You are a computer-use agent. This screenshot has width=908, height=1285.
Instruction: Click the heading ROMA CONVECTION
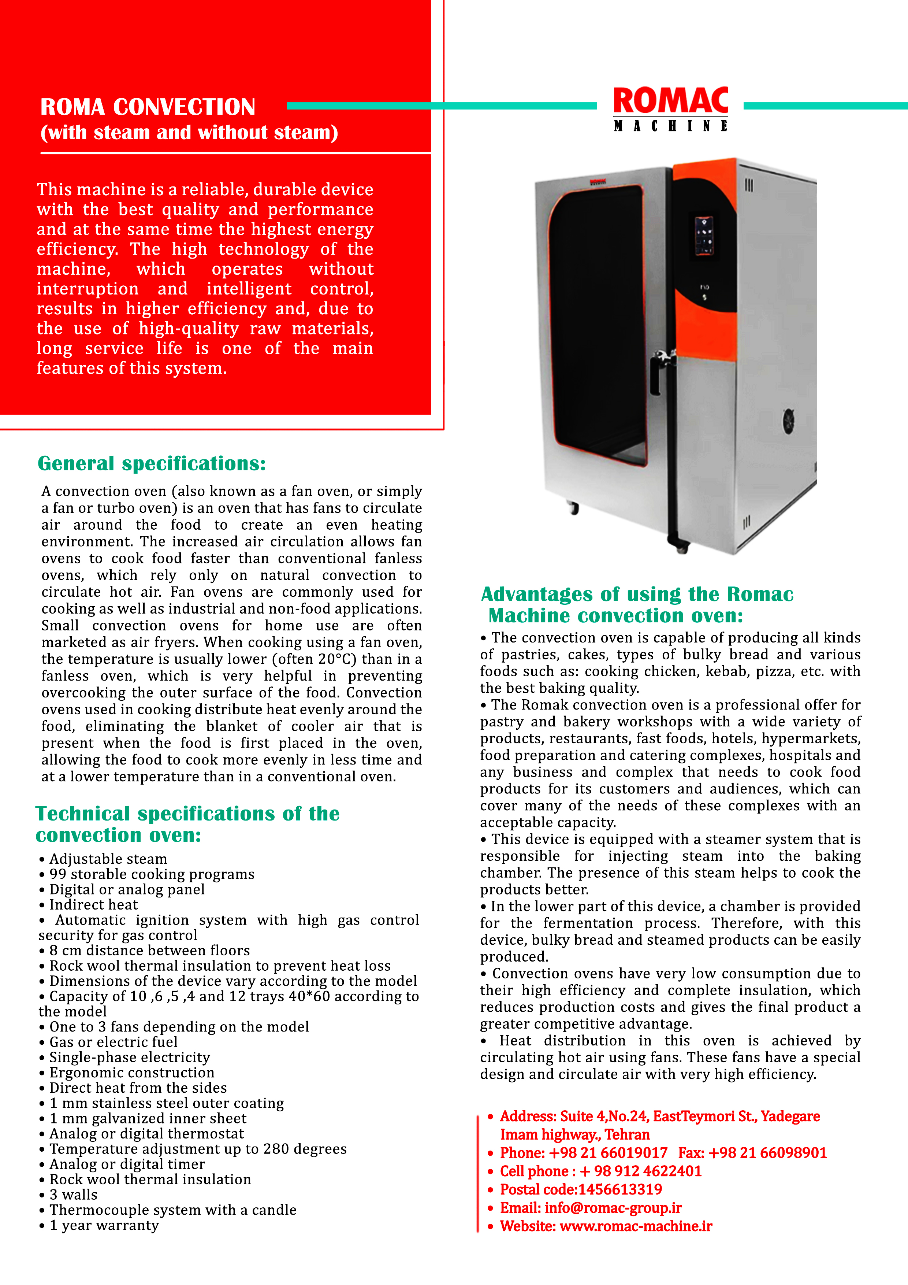tap(148, 107)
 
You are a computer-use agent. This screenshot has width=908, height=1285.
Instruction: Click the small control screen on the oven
tap(704, 236)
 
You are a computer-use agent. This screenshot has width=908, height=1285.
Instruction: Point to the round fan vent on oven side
tap(789, 421)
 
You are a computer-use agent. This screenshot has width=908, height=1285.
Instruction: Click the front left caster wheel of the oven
tap(573, 508)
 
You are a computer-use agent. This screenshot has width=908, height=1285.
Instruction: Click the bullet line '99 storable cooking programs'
tap(152, 874)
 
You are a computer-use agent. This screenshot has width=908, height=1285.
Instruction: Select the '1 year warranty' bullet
tap(104, 1225)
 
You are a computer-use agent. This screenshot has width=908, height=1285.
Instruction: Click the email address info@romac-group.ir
tap(613, 1208)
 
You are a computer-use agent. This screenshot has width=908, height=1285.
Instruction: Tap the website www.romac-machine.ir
tap(636, 1226)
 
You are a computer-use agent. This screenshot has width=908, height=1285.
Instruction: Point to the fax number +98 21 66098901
tap(767, 1153)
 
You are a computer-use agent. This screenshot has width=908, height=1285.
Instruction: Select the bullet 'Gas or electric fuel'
tap(113, 1042)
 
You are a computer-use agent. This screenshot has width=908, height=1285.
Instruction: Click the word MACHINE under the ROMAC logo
tap(670, 126)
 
